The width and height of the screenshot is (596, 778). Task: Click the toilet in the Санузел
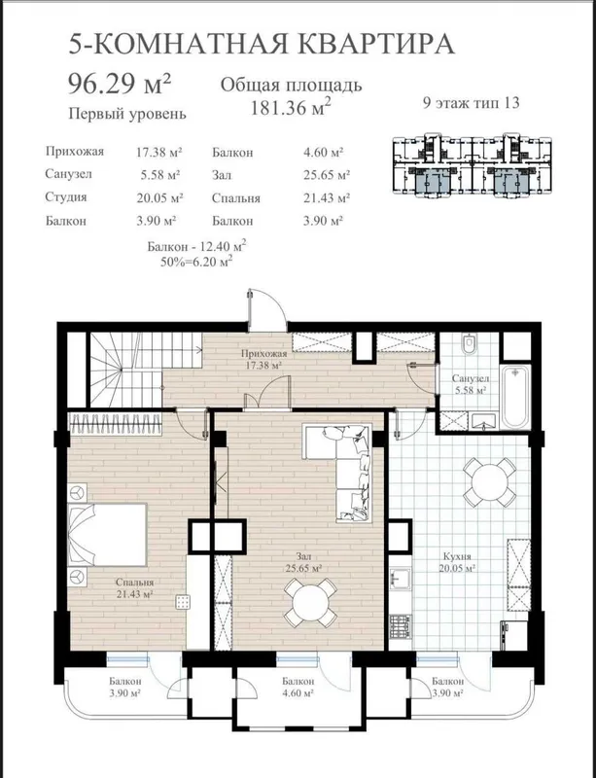(x=468, y=344)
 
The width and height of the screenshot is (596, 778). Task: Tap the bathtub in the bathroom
(x=515, y=397)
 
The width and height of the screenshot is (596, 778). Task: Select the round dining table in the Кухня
(x=490, y=481)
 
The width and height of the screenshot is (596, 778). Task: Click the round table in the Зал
(x=311, y=602)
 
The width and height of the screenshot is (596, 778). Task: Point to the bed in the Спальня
(x=107, y=534)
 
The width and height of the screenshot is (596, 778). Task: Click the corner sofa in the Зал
(x=338, y=472)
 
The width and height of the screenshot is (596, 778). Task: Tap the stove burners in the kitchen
(x=401, y=626)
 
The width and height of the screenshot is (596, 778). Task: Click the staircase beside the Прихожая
(x=134, y=370)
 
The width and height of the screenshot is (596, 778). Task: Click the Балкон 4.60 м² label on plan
(x=298, y=688)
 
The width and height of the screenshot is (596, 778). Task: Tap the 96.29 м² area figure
(x=119, y=83)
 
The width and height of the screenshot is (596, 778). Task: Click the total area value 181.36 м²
(x=291, y=108)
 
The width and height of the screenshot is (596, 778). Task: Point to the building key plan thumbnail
(x=472, y=165)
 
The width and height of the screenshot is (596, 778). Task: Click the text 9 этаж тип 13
(x=471, y=103)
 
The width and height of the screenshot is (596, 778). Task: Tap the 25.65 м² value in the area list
(x=326, y=175)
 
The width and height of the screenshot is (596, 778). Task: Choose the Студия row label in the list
(x=65, y=197)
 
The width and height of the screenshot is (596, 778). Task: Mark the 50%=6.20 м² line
(x=196, y=262)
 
